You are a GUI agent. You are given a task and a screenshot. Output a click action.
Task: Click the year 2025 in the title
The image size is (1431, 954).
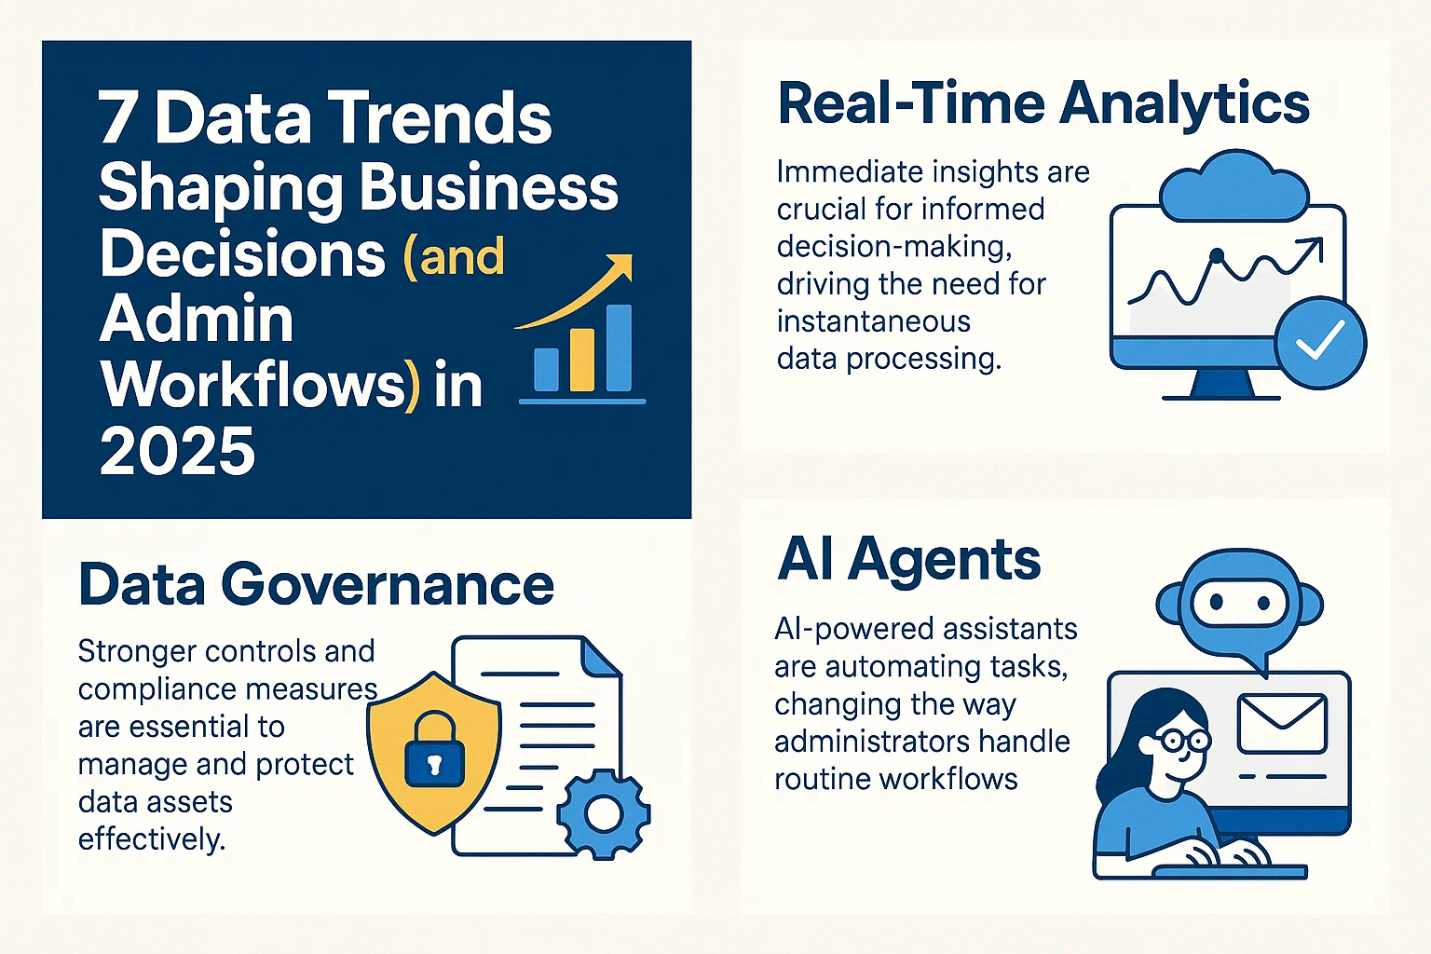pyautogui.click(x=177, y=452)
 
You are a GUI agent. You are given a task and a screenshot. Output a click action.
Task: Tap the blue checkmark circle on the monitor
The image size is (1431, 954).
pyautogui.click(x=1320, y=341)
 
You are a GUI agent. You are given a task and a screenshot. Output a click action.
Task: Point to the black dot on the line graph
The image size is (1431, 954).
pyautogui.click(x=1215, y=254)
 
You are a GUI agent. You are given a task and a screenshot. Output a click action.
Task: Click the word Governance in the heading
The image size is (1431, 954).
pyautogui.click(x=388, y=585)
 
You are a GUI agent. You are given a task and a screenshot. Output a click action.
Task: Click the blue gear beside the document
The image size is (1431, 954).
pyautogui.click(x=603, y=813)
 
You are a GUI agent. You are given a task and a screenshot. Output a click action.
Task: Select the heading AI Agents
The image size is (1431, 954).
pyautogui.click(x=908, y=559)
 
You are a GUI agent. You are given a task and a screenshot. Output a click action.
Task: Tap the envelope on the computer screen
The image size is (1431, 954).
pyautogui.click(x=1281, y=723)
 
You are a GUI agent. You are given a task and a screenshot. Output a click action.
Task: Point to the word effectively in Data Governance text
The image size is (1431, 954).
pyautogui.click(x=151, y=839)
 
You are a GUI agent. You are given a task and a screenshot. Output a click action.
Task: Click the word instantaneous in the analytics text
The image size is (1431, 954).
pyautogui.click(x=873, y=321)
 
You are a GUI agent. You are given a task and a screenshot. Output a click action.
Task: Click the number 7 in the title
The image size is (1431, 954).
pyautogui.click(x=117, y=118)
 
